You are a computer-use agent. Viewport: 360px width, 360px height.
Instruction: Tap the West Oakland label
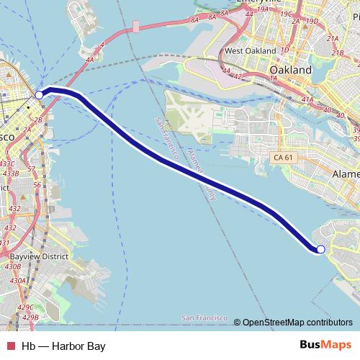(250, 51)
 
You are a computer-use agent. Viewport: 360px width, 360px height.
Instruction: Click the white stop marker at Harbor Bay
(320, 249)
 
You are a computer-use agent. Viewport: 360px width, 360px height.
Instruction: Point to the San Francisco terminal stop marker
(40, 94)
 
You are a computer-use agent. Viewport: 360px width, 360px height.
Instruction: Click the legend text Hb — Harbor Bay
(63, 346)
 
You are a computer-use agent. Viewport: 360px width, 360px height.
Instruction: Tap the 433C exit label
(10, 164)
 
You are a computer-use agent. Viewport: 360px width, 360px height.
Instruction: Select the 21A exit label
(333, 40)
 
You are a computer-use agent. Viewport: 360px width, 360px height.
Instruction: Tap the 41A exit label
(309, 99)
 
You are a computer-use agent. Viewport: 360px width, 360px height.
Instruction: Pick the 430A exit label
(17, 280)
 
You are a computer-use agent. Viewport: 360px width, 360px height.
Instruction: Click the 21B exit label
(337, 53)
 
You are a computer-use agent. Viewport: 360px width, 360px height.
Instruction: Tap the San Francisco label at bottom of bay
(205, 318)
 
